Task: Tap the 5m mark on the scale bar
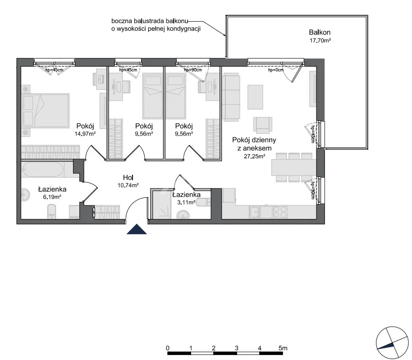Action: pyautogui.click(x=283, y=348)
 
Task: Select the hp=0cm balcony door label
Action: pyautogui.click(x=275, y=70)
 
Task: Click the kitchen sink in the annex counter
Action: pyautogui.click(x=255, y=210)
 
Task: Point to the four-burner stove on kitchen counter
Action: pyautogui.click(x=279, y=210)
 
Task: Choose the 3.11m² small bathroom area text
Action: pyautogui.click(x=186, y=203)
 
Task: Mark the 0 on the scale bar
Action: pyautogui.click(x=168, y=348)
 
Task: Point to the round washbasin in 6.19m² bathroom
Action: pyautogui.click(x=26, y=195)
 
